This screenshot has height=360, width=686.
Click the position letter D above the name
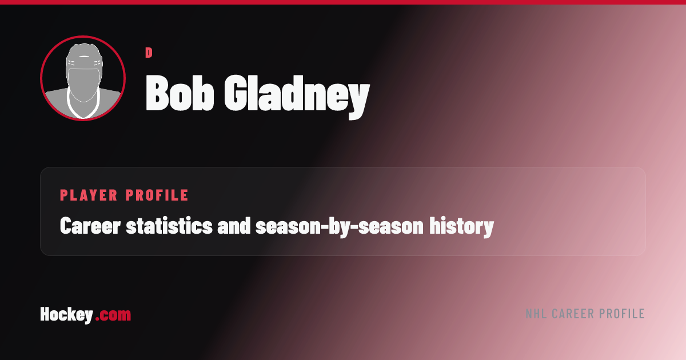coord(149,53)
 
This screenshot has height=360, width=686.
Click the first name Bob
coord(180,93)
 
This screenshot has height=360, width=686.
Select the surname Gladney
coord(297,97)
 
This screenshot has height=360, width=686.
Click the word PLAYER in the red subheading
coord(89,195)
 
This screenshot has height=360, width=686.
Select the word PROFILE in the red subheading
coord(157,195)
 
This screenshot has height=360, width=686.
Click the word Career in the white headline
coord(90,226)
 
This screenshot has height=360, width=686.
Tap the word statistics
coord(169,226)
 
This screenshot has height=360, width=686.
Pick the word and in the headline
coord(234,226)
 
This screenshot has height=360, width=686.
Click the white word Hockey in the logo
coord(67,315)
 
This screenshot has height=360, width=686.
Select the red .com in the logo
coord(113,315)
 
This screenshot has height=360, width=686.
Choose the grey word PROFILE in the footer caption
coord(622,314)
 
